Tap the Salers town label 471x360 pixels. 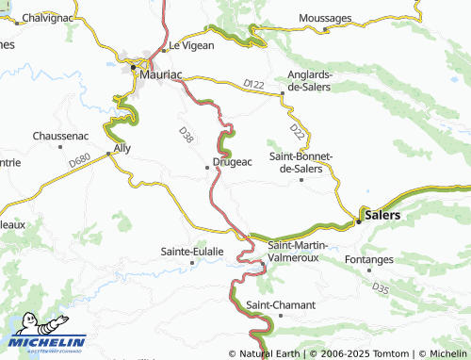pyautogui.click(x=382, y=215)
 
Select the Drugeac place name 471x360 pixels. pyautogui.click(x=232, y=163)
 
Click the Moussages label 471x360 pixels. pyautogui.click(x=325, y=18)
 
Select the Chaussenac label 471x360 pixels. pyautogui.click(x=62, y=135)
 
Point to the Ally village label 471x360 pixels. pyautogui.click(x=122, y=148)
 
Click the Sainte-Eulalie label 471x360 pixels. pyautogui.click(x=192, y=252)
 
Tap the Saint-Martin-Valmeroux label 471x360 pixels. pyautogui.click(x=298, y=251)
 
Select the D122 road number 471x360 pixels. pyautogui.click(x=253, y=85)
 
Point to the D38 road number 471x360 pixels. pyautogui.click(x=186, y=136)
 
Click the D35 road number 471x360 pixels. pyautogui.click(x=380, y=286)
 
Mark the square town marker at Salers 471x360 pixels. pyautogui.click(x=358, y=222)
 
